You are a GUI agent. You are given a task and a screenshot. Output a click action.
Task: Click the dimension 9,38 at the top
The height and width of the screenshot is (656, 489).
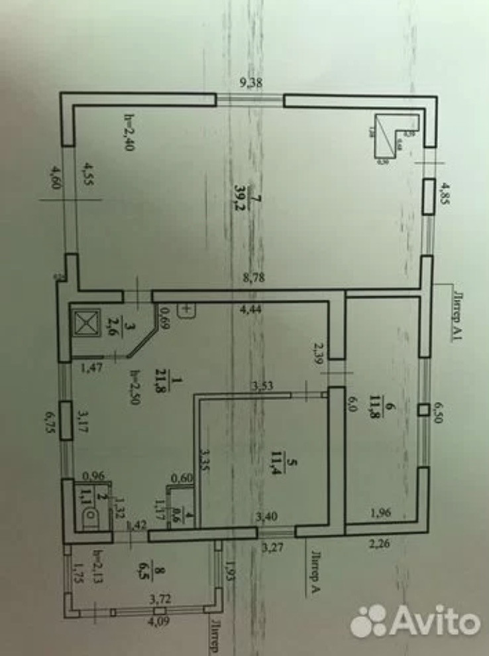click(x=250, y=84)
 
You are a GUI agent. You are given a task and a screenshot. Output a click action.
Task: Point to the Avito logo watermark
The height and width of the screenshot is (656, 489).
click(x=415, y=620)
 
